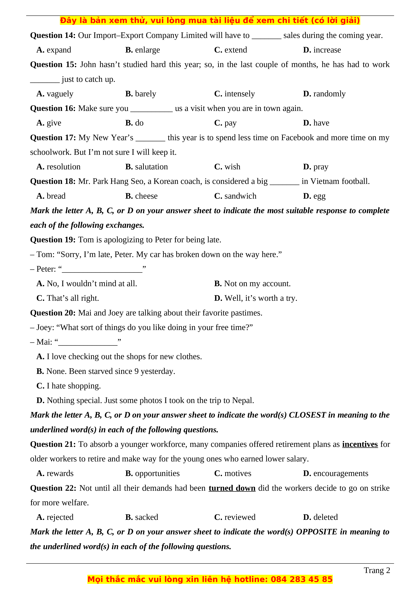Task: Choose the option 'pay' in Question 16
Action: click(x=230, y=123)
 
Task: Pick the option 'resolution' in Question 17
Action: click(x=63, y=167)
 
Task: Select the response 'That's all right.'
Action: click(x=73, y=298)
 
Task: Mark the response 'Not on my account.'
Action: click(x=257, y=284)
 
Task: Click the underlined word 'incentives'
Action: click(x=360, y=444)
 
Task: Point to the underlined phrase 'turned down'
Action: click(x=232, y=488)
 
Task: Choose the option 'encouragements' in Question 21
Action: click(x=341, y=473)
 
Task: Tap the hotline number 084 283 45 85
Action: click(x=301, y=579)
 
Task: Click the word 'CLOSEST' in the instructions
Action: click(x=307, y=415)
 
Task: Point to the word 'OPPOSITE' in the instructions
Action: click(x=317, y=532)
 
